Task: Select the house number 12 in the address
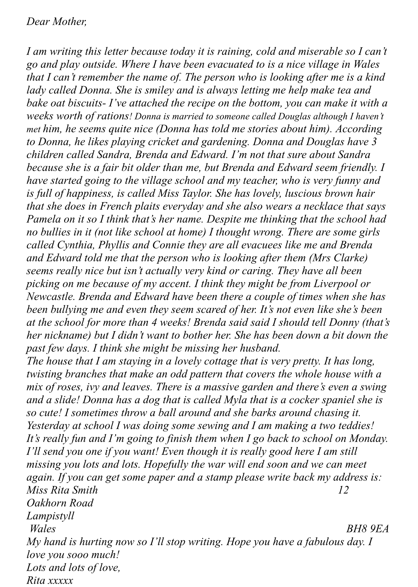[343, 490]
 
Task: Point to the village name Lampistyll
[50, 516]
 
